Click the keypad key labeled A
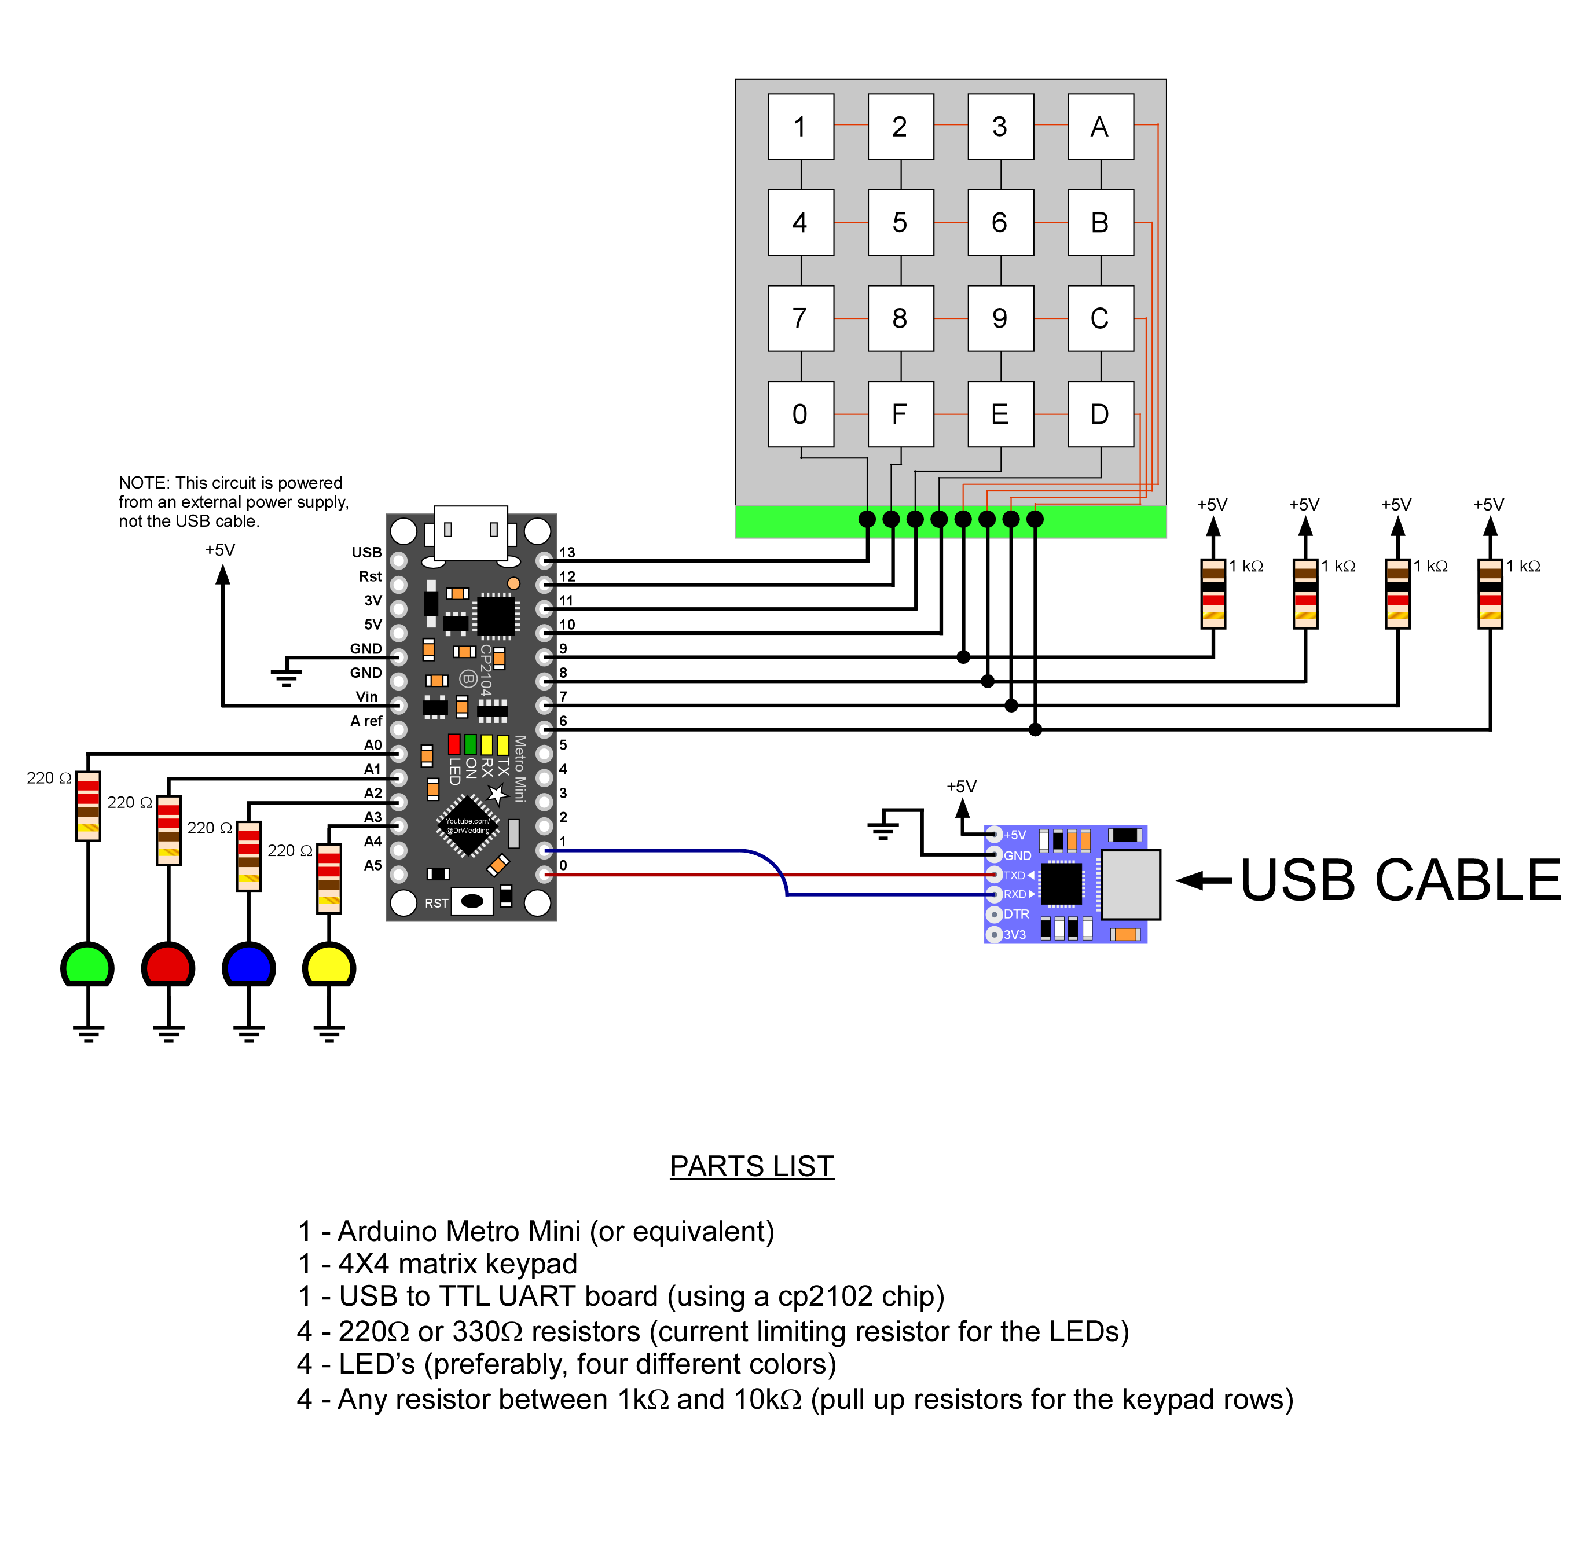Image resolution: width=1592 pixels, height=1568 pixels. tap(1099, 127)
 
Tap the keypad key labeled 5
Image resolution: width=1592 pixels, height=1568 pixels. tap(900, 222)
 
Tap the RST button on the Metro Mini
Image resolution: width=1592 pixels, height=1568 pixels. tap(472, 901)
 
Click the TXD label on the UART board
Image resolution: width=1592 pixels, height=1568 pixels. tap(1014, 875)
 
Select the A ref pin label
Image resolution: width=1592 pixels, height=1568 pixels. tap(366, 721)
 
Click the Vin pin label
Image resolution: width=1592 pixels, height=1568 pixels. tap(366, 697)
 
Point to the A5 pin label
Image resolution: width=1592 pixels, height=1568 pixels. tap(372, 865)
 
